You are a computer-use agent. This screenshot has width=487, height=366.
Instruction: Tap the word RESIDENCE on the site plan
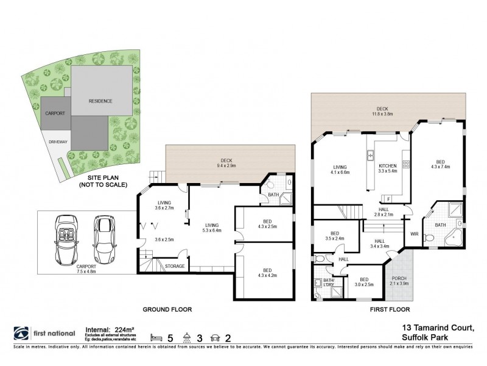[x=100, y=101]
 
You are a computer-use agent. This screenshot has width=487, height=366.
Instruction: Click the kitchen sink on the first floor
[x=370, y=156]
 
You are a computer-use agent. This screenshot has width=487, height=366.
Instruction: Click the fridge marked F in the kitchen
[x=388, y=198]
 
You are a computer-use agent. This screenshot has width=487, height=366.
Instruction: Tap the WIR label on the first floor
[x=415, y=233]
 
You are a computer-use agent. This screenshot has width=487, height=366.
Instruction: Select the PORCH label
[x=399, y=280]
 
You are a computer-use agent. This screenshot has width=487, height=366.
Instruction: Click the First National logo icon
[x=21, y=333]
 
